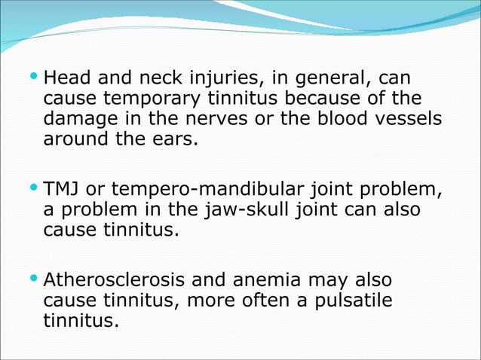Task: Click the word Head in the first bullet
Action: (65, 78)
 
